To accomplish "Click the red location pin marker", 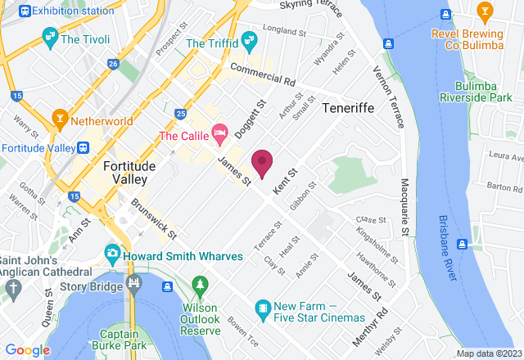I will (x=262, y=162).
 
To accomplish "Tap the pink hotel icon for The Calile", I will (x=219, y=132).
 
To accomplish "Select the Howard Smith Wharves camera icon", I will (x=114, y=255).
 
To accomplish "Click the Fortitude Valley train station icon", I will (x=84, y=147).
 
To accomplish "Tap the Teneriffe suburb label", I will (x=350, y=108).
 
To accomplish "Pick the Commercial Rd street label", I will (x=262, y=74).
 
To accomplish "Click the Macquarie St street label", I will (x=405, y=209).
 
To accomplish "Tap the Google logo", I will (x=28, y=350).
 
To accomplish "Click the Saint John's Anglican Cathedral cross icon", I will (x=11, y=287).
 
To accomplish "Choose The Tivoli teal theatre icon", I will (x=51, y=37).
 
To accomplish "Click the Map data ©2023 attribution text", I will (x=488, y=353).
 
